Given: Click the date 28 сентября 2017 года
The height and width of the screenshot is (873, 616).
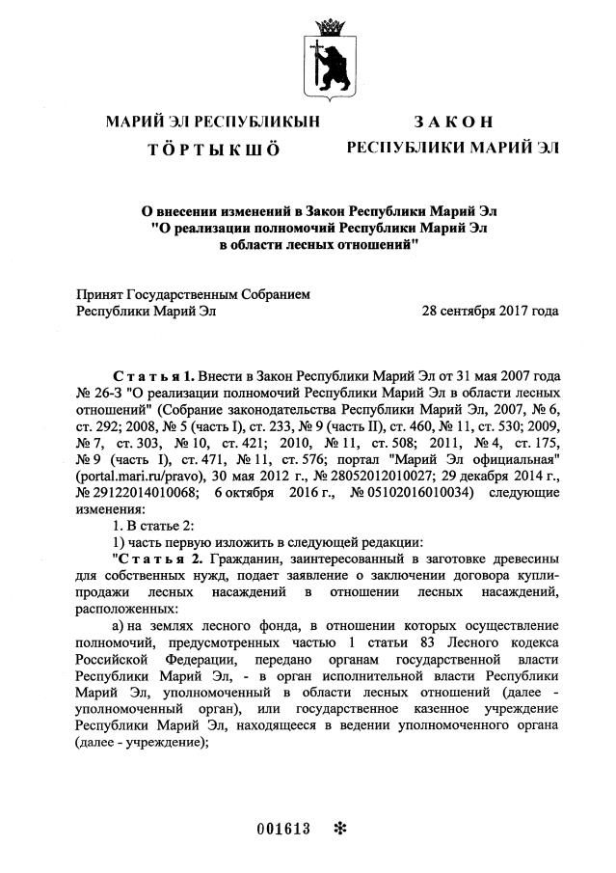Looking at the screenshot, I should point(491,312).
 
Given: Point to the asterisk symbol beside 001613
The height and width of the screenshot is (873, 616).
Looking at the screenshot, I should point(338,830).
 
